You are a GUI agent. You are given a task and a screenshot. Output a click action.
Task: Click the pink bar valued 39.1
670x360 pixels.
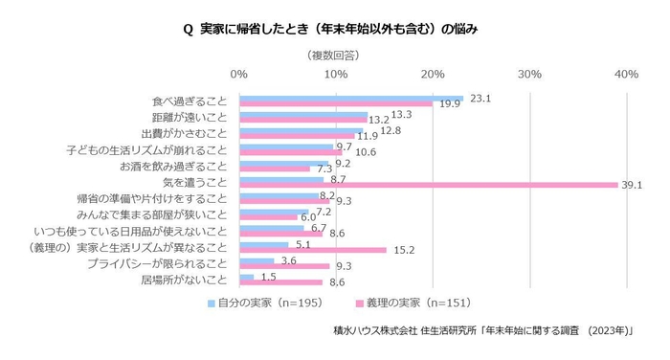pyautogui.click(x=428, y=186)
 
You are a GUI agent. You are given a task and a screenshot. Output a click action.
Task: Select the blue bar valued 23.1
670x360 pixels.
pyautogui.click(x=351, y=99)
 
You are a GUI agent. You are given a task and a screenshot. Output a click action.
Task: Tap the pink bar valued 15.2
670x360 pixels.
pyautogui.click(x=313, y=251)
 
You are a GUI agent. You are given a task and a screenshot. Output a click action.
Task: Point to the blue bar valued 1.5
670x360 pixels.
pyautogui.click(x=247, y=278)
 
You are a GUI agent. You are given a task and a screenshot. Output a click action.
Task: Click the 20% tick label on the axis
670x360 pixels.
pyautogui.click(x=433, y=74)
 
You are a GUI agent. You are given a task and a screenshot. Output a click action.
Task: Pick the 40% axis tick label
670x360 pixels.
pyautogui.click(x=626, y=74)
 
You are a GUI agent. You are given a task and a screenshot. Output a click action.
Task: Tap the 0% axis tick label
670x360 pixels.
pyautogui.click(x=239, y=74)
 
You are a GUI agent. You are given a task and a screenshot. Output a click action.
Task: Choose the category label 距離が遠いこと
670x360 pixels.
pyautogui.click(x=189, y=118)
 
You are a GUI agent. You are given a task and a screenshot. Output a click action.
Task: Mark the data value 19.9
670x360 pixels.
pyautogui.click(x=449, y=103)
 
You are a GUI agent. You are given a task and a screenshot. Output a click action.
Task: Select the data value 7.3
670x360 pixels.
pyautogui.click(x=325, y=169)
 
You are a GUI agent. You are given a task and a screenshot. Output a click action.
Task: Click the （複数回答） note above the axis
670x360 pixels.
pyautogui.click(x=335, y=56)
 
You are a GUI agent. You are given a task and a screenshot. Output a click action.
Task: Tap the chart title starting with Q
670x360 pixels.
pyautogui.click(x=334, y=29)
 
